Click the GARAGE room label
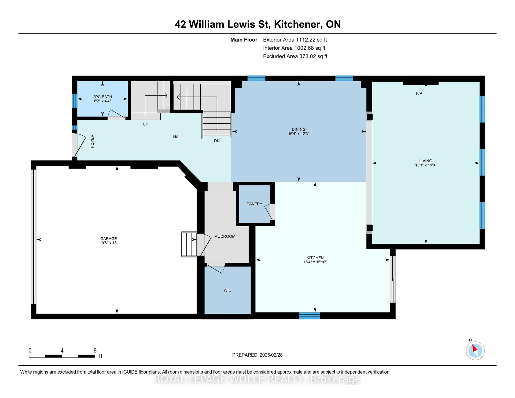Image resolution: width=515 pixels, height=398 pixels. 108,238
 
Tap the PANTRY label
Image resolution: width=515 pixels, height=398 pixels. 254,204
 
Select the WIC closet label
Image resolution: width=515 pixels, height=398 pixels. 227,290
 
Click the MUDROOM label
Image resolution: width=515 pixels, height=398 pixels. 225,236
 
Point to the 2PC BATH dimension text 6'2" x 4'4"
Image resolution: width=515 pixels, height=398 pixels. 102,101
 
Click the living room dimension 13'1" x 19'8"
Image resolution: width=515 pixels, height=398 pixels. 426,165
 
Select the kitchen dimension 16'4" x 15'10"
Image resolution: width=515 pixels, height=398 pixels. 315,262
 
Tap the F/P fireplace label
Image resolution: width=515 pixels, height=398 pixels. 419,93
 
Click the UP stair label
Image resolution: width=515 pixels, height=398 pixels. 145,124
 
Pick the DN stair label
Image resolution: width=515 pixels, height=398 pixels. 217,141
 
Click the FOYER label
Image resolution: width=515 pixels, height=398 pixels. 92,141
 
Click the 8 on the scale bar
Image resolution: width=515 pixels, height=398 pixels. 95,351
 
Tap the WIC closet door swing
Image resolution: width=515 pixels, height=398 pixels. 215,268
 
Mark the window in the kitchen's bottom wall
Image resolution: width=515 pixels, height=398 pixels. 310,316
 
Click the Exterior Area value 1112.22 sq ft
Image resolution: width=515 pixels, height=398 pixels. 311,40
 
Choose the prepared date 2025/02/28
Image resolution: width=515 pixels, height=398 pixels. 271,355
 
